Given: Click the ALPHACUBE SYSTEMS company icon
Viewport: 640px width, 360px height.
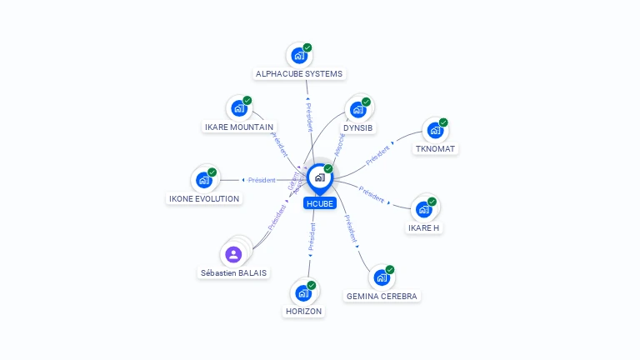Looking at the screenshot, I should (x=297, y=57).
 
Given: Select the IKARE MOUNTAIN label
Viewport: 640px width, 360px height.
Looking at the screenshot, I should (x=238, y=127).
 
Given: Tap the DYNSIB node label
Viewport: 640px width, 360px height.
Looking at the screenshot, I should (x=358, y=127).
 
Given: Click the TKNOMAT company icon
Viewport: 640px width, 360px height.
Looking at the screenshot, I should (x=434, y=131).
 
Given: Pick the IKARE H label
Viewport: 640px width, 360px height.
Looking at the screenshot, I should (x=423, y=227).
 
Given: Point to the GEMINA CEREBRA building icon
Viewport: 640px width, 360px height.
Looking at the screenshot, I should (x=381, y=277).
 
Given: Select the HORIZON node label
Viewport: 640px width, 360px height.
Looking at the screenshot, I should (x=302, y=311).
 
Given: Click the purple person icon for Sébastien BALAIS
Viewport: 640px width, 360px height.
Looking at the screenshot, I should (x=233, y=254).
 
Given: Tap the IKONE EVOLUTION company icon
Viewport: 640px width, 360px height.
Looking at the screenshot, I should (x=203, y=179).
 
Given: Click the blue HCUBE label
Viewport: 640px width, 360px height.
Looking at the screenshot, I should (x=320, y=202).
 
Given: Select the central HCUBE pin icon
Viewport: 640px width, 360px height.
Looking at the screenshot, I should (x=319, y=177).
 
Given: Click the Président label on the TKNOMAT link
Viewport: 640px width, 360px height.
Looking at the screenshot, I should (x=377, y=154).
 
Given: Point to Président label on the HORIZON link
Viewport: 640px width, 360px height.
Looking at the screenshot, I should (x=311, y=237).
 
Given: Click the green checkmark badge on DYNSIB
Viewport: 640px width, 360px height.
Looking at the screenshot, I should (x=366, y=102).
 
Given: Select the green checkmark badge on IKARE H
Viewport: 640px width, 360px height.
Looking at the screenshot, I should (x=432, y=201).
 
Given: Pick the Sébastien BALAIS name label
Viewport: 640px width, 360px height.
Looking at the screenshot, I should (x=234, y=272).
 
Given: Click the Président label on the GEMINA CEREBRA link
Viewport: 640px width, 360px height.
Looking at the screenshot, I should (x=351, y=229).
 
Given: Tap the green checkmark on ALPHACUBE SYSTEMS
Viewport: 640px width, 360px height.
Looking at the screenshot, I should (x=307, y=48).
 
